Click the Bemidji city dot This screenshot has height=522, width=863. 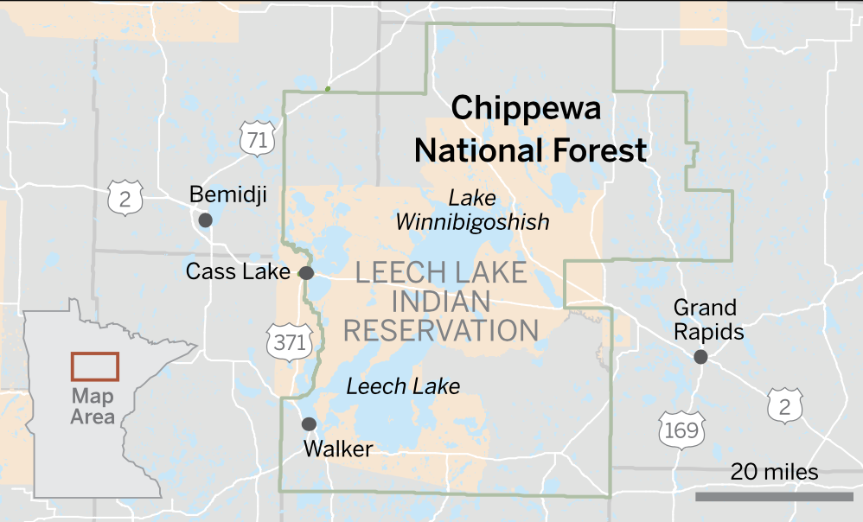[205, 220]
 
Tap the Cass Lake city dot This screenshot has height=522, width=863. [306, 273]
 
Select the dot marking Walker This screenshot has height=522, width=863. [308, 423]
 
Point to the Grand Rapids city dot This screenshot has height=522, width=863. [700, 356]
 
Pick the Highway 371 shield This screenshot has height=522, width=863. [288, 342]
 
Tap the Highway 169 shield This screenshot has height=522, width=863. [676, 430]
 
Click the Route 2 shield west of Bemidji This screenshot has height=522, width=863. [125, 199]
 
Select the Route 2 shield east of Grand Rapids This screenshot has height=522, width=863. [785, 405]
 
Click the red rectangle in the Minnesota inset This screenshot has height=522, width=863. [94, 366]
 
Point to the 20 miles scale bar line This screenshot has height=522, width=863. [774, 496]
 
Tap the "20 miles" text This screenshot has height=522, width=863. [774, 472]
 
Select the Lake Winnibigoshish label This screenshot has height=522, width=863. [472, 210]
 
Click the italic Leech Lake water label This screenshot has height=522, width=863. [403, 386]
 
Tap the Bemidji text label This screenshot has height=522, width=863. [227, 194]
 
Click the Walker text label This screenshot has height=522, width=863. [338, 449]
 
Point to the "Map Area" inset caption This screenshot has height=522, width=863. [93, 406]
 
